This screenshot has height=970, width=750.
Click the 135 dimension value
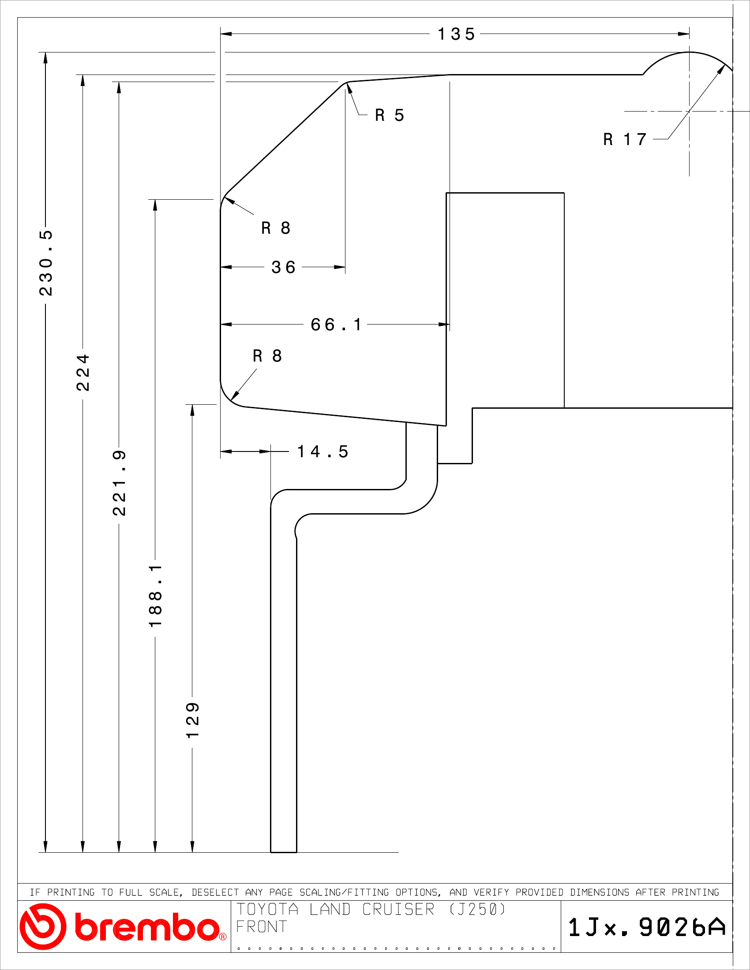tap(456, 34)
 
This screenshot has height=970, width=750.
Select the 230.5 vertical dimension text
tap(46, 263)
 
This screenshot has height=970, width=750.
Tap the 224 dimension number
tap(83, 372)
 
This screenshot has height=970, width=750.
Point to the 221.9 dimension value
tap(119, 483)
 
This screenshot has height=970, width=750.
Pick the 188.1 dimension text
tap(155, 596)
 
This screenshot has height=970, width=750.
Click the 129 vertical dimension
tap(192, 720)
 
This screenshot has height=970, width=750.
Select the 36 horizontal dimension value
tap(284, 267)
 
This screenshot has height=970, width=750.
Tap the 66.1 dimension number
tap(336, 325)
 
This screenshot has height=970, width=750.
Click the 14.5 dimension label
tap(322, 451)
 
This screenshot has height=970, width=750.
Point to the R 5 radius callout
tap(390, 115)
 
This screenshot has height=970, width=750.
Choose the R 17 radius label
tap(625, 139)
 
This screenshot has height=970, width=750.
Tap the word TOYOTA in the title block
tap(267, 910)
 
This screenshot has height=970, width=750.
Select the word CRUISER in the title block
tap(398, 910)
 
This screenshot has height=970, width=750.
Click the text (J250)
tap(478, 910)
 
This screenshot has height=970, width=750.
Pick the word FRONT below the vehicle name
tap(262, 927)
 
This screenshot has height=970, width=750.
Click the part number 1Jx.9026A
tap(647, 927)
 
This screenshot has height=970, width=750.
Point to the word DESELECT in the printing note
tap(215, 892)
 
